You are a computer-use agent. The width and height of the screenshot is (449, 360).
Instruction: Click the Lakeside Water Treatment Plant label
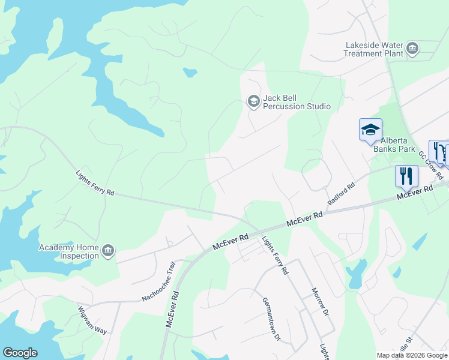(x=373, y=49)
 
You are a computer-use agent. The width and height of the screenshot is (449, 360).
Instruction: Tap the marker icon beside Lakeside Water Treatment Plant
(x=412, y=49)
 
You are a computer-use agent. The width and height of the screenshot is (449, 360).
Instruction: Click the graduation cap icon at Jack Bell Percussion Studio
(x=253, y=101)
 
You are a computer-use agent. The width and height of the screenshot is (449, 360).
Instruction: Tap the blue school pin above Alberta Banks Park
(x=370, y=130)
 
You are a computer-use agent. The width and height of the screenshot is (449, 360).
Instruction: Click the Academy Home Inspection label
(x=68, y=251)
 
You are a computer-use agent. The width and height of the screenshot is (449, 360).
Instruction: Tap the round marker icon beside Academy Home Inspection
(x=108, y=251)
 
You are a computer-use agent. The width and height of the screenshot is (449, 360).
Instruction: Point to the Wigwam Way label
(x=92, y=320)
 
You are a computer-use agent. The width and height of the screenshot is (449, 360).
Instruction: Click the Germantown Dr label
(x=271, y=319)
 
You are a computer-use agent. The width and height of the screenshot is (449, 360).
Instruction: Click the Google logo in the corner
(x=20, y=353)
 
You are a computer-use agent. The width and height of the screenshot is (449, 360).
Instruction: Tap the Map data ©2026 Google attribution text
(x=412, y=355)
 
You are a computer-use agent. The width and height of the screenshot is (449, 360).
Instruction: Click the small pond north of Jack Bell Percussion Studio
(x=190, y=73)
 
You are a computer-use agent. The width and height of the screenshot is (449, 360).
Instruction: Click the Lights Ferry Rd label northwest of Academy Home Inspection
(x=95, y=184)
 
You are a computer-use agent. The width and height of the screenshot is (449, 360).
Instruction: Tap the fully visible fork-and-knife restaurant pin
(x=406, y=176)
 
